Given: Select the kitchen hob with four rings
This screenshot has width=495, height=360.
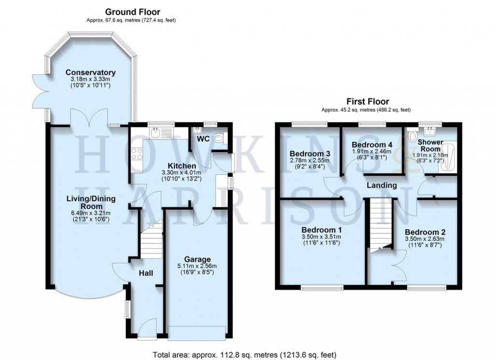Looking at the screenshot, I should (137, 154).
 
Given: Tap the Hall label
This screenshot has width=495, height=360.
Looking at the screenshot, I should (146, 274).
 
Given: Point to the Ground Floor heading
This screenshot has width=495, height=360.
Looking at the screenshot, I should (132, 12).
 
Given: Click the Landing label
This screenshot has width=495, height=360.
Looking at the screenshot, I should (382, 185).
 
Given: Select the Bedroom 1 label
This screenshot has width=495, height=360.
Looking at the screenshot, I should (321, 229).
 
